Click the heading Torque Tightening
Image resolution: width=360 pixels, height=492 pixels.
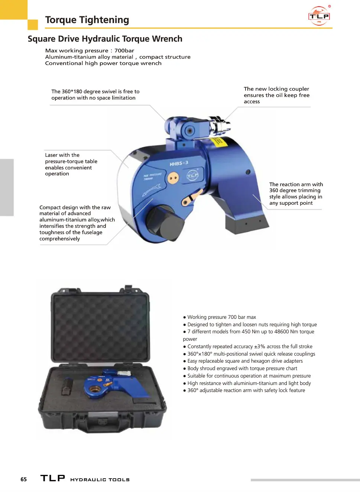point(87,20)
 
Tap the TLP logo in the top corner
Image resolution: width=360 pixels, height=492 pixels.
point(319,16)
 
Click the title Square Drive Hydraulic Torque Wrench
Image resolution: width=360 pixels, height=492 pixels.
point(105,39)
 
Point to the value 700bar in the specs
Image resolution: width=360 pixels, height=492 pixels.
point(124,51)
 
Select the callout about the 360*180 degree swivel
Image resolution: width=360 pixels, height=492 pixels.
point(95,95)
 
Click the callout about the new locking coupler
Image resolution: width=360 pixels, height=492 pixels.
point(276,95)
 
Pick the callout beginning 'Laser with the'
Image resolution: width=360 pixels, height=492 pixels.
point(71,164)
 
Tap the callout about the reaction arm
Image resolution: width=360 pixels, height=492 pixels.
point(296,194)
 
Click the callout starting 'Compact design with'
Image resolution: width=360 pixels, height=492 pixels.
point(77,223)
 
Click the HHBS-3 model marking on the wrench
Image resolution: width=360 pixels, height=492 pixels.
point(179,164)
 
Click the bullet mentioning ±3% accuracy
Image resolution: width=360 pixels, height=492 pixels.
point(247,346)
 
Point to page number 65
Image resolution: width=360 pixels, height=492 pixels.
point(24,479)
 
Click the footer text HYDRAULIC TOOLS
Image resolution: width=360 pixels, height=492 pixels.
point(100,480)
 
